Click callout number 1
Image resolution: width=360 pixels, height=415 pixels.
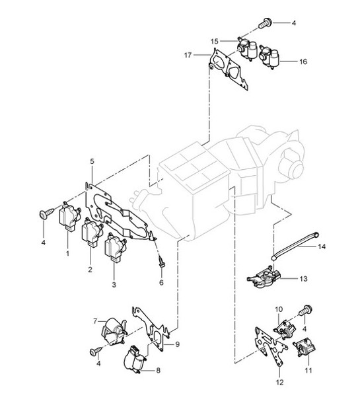[67, 252]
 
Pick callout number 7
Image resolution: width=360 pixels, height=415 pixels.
[94, 321]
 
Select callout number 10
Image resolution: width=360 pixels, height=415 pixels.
[279, 309]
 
